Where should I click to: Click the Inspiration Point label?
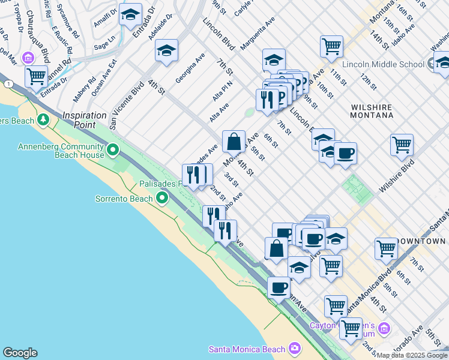(79, 119)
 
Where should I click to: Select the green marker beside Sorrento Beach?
(161, 198)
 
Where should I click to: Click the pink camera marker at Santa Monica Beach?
(294, 348)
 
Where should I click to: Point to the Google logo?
(20, 353)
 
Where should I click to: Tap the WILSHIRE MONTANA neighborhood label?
(371, 112)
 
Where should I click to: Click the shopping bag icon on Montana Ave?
(234, 142)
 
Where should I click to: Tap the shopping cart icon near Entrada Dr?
(37, 76)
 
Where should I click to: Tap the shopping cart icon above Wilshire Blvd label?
(402, 144)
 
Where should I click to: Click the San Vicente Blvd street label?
(127, 106)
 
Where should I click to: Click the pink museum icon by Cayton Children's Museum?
(384, 329)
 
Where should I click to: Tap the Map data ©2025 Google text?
(412, 355)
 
